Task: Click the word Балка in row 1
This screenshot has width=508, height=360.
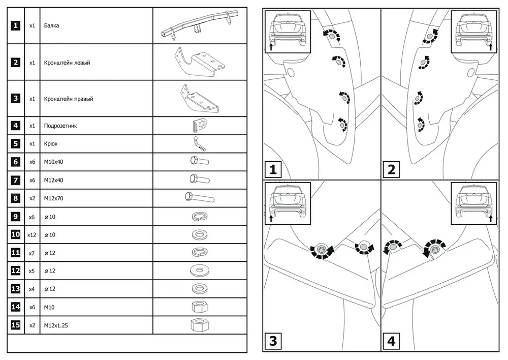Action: coord(52,25)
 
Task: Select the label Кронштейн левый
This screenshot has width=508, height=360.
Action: coord(68,63)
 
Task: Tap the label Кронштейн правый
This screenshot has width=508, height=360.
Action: coord(69,99)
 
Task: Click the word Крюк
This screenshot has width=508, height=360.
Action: coord(51,144)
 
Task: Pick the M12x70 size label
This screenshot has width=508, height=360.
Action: coord(54,198)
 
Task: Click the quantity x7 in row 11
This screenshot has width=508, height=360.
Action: coord(31,253)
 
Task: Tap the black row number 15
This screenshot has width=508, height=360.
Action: coord(16,325)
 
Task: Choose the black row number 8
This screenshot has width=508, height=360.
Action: coord(16,198)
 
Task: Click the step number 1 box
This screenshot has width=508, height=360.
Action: coord(273,169)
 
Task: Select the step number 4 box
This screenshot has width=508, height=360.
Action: coord(391,341)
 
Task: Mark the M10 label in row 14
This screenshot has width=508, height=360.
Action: coord(49,307)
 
